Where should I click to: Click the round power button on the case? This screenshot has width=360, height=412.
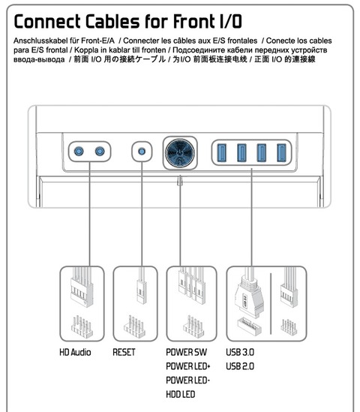click(x=180, y=153)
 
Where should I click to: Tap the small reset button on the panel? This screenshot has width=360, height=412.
click(x=142, y=152)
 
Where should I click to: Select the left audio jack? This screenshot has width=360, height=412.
click(x=79, y=151)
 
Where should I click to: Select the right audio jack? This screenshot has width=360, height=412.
click(x=100, y=151)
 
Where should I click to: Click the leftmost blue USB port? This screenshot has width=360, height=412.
click(x=222, y=152)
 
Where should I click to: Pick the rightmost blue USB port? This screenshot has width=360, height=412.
click(x=281, y=152)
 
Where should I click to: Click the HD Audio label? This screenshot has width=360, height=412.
click(x=75, y=352)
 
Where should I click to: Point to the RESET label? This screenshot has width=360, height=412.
click(x=124, y=352)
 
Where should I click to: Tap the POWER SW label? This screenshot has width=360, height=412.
click(x=187, y=352)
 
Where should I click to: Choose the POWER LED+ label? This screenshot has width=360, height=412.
click(x=188, y=366)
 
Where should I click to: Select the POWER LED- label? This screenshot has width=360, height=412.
click(x=187, y=380)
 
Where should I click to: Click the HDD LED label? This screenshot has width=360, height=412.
click(x=181, y=395)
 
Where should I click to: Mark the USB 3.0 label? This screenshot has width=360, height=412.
click(x=240, y=352)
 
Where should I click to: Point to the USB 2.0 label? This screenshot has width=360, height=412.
click(x=240, y=366)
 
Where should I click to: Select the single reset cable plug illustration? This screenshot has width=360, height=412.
click(x=142, y=287)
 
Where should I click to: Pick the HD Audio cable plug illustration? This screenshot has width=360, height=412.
click(x=82, y=287)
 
